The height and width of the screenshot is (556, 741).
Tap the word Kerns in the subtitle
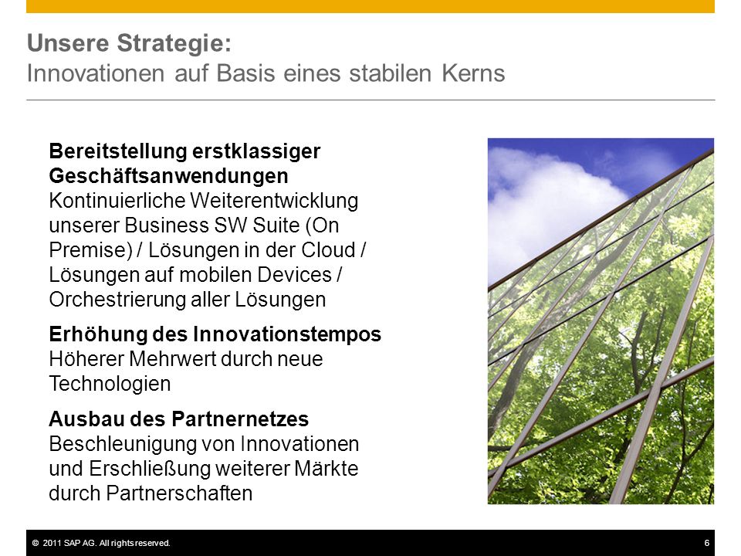coord(473,73)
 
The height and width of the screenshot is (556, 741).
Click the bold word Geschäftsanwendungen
coord(169,176)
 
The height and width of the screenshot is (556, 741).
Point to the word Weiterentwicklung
coord(274,201)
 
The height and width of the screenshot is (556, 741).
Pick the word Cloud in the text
coord(328,250)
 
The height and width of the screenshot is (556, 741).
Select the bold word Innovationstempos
coord(287,334)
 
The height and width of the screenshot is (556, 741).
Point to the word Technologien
coord(110,384)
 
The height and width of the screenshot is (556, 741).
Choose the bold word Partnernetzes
coord(240,419)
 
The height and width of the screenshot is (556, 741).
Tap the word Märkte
coord(326,469)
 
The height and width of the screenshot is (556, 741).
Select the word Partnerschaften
coord(179,493)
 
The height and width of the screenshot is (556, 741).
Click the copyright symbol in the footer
coord(36,543)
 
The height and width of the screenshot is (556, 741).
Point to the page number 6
coord(707,543)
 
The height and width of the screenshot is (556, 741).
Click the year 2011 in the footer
coord(52,543)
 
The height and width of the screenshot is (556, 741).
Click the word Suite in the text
coord(276,225)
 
